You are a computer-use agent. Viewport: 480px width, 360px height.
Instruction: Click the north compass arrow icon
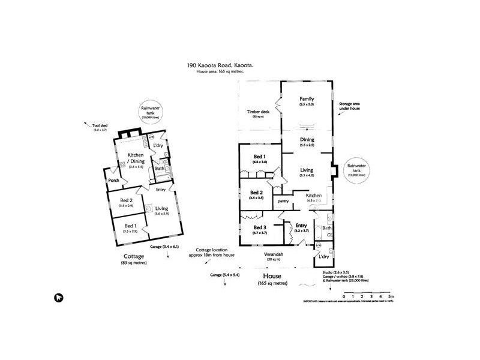[59, 296]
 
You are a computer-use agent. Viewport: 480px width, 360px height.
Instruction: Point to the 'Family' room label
[307, 99]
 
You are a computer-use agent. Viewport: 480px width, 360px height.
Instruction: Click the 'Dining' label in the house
[307, 140]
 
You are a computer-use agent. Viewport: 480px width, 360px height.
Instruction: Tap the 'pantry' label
[284, 201]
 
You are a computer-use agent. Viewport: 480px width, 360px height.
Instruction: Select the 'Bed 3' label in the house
[259, 227]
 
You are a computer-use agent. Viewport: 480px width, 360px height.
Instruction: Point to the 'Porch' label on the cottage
[112, 180]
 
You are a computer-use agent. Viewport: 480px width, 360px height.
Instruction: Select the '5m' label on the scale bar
[391, 296]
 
